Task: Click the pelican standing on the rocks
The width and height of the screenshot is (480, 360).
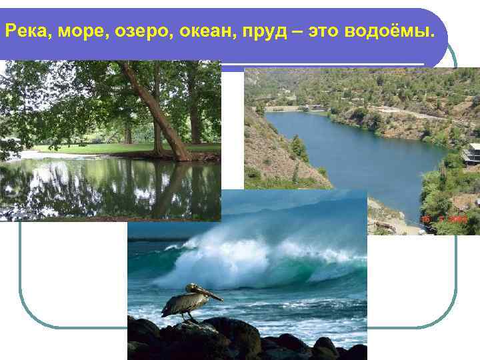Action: click(187, 301)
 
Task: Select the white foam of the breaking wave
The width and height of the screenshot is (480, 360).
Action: click(220, 260)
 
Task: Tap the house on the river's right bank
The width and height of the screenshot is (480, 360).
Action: click(471, 154)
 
